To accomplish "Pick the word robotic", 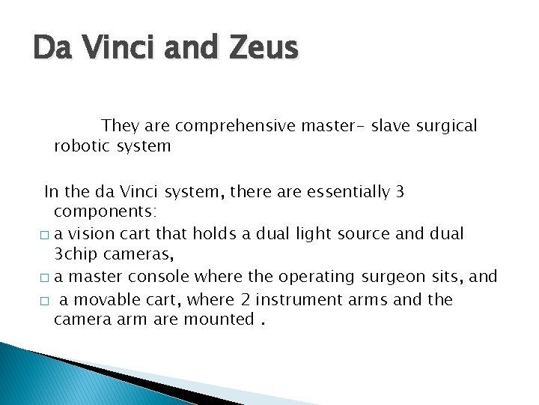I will [81, 145].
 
